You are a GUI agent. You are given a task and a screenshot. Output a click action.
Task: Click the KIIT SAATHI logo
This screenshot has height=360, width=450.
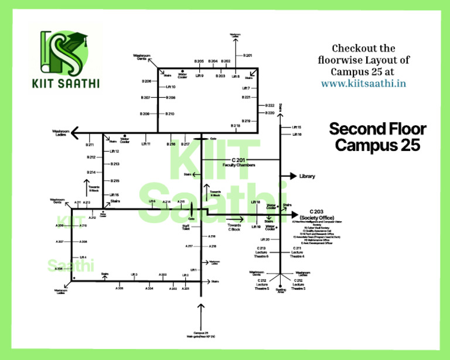[x=66, y=59]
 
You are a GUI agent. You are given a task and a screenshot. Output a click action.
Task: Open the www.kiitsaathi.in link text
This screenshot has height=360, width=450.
[x=363, y=84]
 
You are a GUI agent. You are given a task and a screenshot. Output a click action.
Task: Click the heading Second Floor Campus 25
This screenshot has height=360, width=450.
[x=377, y=137]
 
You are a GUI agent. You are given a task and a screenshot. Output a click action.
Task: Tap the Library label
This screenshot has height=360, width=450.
[x=307, y=176]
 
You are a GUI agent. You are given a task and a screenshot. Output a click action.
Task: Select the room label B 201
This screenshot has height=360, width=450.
[x=247, y=55]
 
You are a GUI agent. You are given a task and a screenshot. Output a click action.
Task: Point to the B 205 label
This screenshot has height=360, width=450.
[x=199, y=61]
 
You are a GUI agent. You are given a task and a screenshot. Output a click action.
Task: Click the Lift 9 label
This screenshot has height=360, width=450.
[x=200, y=76]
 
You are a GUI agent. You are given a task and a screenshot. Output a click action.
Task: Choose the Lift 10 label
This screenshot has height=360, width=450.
[x=170, y=87]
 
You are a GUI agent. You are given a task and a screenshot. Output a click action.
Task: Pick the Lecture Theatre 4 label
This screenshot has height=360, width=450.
[x=298, y=252]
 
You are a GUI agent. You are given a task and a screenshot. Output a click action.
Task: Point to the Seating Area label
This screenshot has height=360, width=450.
[x=281, y=290]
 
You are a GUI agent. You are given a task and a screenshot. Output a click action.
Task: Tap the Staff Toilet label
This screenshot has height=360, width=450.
[x=186, y=228]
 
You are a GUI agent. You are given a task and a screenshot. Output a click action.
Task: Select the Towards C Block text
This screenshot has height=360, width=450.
[x=234, y=227]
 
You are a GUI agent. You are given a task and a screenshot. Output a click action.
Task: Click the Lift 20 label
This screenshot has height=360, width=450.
[x=265, y=239]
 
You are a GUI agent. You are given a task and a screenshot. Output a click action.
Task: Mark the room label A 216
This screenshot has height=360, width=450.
[x=212, y=236]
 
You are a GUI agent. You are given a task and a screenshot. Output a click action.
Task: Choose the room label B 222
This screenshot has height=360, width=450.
[x=270, y=105]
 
